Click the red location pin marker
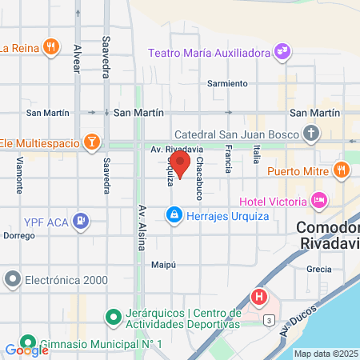181,166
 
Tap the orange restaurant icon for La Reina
50,46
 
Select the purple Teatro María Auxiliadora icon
282,53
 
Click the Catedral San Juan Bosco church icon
311,133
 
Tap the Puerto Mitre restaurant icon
341,169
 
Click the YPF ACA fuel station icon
80,219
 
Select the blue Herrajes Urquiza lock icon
173,214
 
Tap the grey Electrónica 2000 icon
12,279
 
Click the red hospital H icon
259,298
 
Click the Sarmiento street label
226,83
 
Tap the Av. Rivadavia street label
176,149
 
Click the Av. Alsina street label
141,225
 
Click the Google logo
26,350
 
